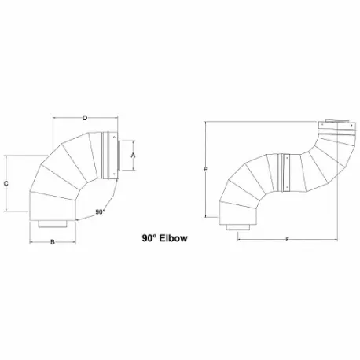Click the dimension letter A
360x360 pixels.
[134, 156]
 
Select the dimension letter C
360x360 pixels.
[6, 183]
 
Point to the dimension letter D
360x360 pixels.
[85, 119]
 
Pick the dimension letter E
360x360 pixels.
[204, 169]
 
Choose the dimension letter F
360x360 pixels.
[287, 239]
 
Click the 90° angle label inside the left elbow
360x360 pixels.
[100, 211]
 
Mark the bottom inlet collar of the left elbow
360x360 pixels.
[53, 226]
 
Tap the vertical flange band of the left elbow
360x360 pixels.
[102, 156]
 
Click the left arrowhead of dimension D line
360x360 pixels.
[53, 119]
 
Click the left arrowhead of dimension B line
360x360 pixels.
[31, 242]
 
